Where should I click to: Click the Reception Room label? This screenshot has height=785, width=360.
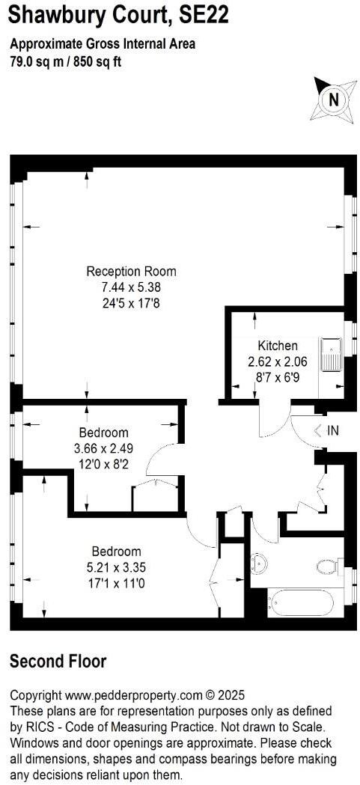[x=131, y=271]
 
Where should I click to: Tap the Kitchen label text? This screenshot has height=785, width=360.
[x=278, y=346]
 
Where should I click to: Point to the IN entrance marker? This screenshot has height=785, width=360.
[x=327, y=430]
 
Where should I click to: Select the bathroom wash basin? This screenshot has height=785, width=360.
[x=258, y=562]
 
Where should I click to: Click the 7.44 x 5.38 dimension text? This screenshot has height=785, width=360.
[x=131, y=287]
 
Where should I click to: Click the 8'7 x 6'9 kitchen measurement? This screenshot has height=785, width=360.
[x=278, y=376]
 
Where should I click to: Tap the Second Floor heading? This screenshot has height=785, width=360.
[x=58, y=662]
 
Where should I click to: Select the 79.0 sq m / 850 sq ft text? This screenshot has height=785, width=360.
[x=66, y=62]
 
